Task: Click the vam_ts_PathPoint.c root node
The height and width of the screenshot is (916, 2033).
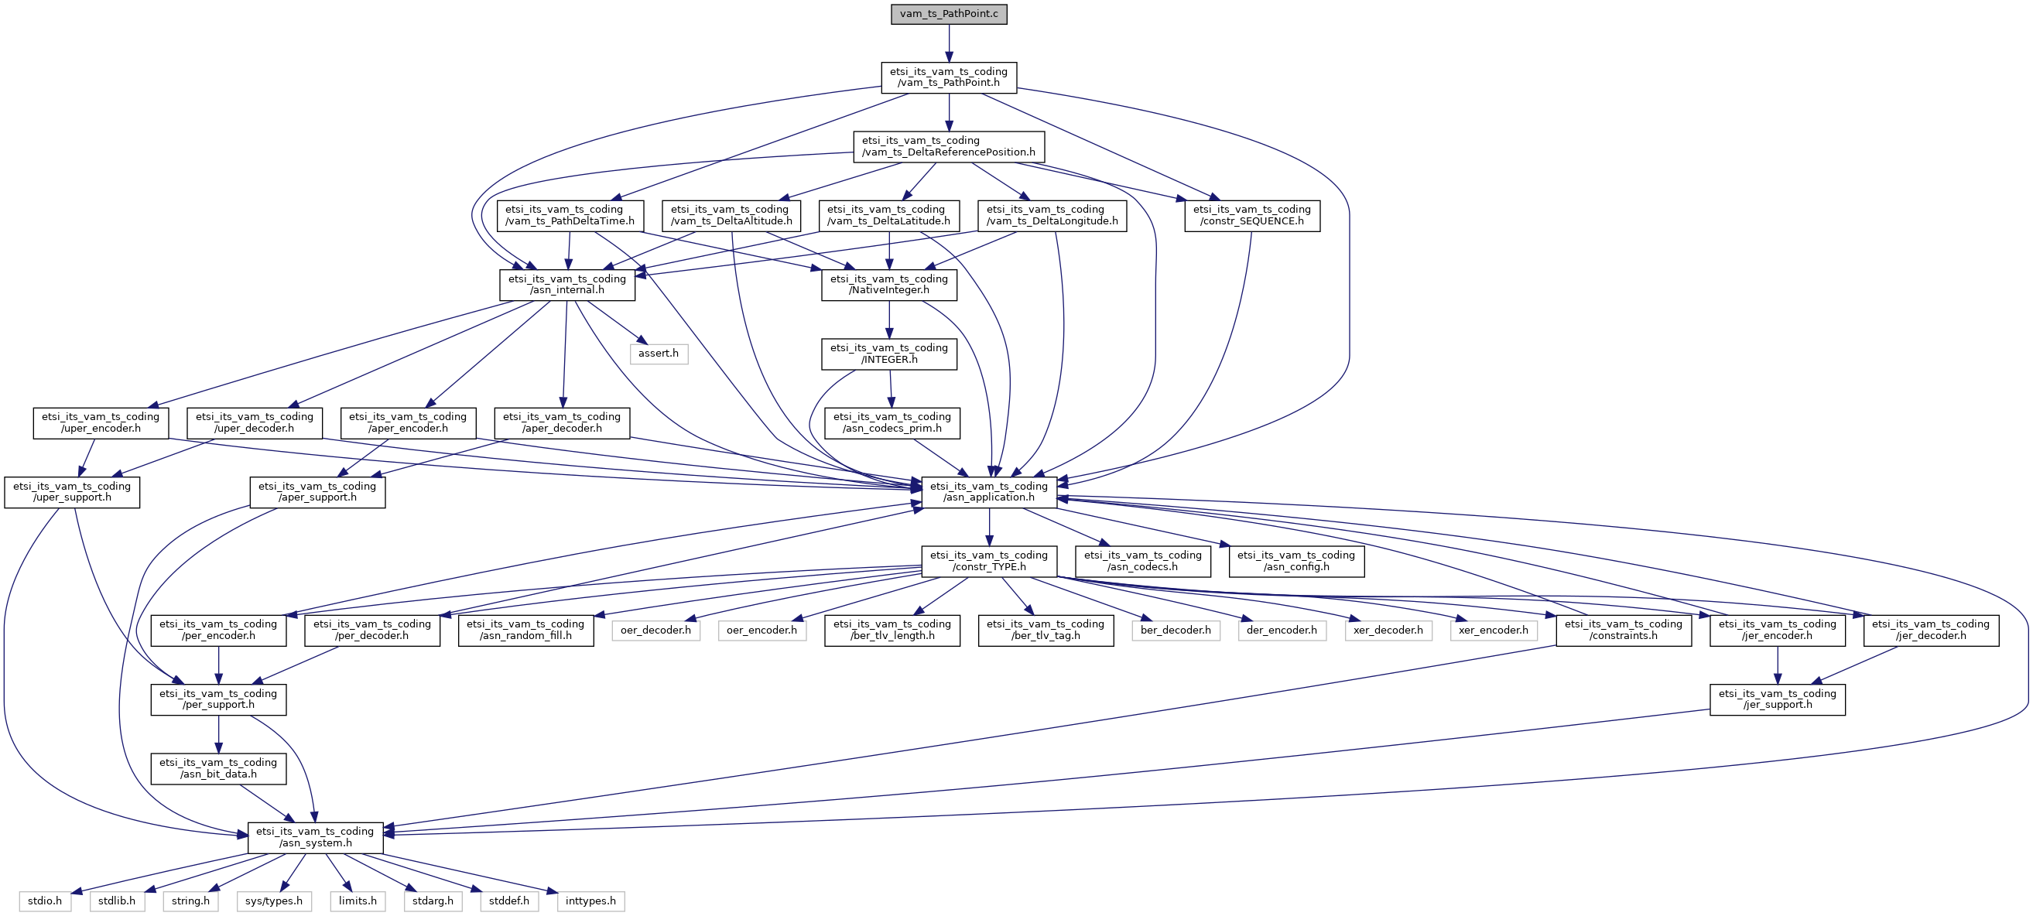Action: (x=949, y=14)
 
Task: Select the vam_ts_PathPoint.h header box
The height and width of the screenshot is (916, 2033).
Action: (x=949, y=77)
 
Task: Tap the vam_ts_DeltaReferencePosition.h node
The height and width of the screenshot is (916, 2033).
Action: (x=949, y=147)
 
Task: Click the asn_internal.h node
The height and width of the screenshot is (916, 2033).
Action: (x=566, y=285)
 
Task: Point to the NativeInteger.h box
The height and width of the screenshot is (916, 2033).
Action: (x=888, y=285)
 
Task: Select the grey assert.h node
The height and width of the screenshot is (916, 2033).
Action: (x=659, y=354)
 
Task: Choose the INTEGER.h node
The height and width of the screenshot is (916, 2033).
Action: (x=888, y=354)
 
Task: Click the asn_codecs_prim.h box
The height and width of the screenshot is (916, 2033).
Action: (x=892, y=423)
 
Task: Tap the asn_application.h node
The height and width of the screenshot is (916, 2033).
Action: (x=988, y=491)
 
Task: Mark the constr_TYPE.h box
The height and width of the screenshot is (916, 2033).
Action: (x=988, y=561)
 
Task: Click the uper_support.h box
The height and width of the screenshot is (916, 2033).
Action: (x=72, y=491)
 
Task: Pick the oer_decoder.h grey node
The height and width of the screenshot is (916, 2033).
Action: (x=655, y=631)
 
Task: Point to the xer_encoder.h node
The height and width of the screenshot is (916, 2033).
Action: (x=1493, y=631)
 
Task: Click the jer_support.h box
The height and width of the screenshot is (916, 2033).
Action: (x=1777, y=699)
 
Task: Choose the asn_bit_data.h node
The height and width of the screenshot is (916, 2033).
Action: (x=217, y=768)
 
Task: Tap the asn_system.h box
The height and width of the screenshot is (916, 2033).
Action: (x=315, y=837)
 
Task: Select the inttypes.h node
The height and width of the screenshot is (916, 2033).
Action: (x=590, y=901)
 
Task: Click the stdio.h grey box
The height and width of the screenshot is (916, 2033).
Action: (x=45, y=901)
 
